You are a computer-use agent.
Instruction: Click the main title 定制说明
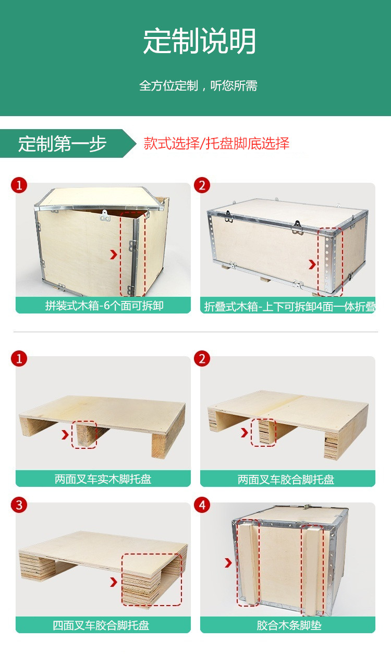pyautogui.click(x=200, y=42)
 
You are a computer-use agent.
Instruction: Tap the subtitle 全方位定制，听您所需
pyautogui.click(x=198, y=86)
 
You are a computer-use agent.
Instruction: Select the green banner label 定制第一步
pyautogui.click(x=62, y=144)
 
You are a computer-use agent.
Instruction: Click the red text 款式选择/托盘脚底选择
pyautogui.click(x=216, y=144)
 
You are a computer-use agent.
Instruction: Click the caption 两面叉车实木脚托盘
pyautogui.click(x=103, y=479)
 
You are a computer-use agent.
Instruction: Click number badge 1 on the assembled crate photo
pyautogui.click(x=19, y=185)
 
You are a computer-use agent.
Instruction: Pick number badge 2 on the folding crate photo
pyautogui.click(x=202, y=185)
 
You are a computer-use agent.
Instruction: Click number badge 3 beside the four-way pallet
pyautogui.click(x=19, y=505)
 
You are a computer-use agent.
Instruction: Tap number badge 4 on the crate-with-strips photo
pyautogui.click(x=202, y=505)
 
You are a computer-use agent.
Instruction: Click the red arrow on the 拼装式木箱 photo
pyautogui.click(x=113, y=255)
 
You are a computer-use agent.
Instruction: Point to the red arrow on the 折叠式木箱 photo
pyautogui.click(x=312, y=265)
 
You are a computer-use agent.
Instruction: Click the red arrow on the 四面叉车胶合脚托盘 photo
pyautogui.click(x=113, y=582)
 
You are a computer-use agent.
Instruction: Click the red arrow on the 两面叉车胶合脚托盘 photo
pyautogui.click(x=245, y=432)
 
